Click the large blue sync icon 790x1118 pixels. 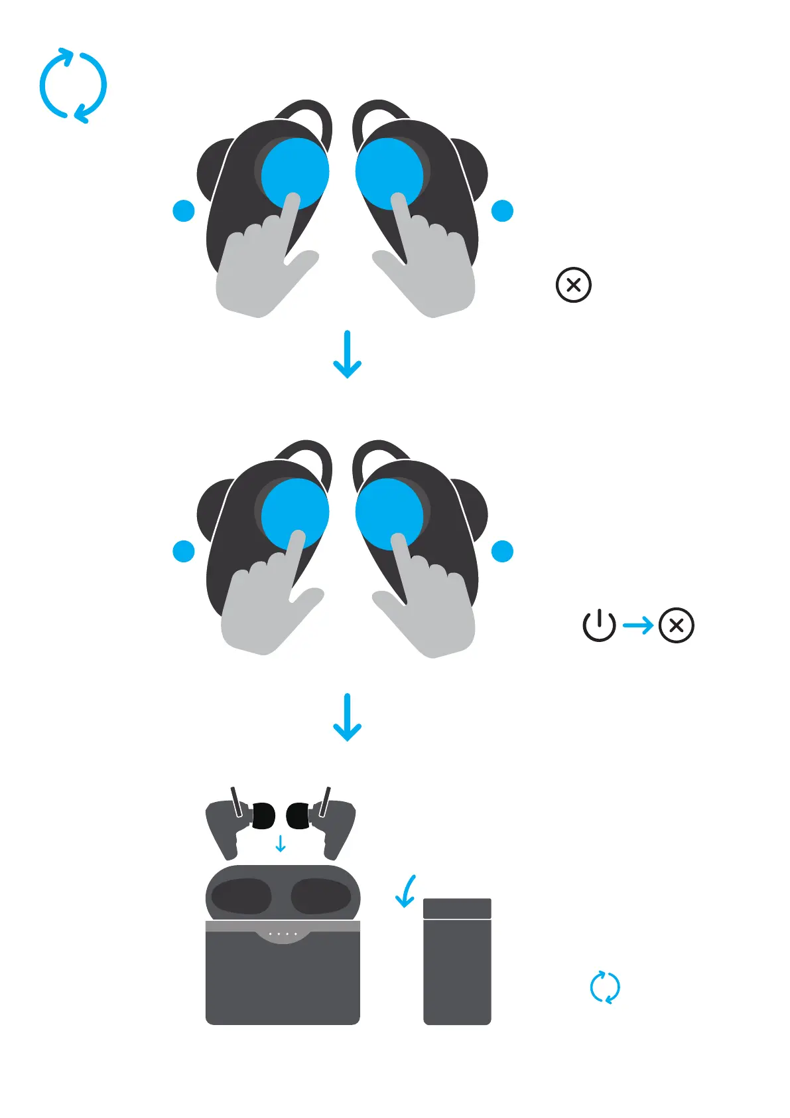tap(73, 86)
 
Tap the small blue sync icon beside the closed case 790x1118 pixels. tap(605, 987)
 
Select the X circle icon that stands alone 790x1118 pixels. tap(573, 285)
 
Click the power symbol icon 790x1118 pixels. tap(599, 625)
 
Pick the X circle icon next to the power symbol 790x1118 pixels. tap(677, 625)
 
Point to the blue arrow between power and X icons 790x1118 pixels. tap(638, 625)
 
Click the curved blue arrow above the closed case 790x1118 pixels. tap(406, 891)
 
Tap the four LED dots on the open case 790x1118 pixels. tap(283, 934)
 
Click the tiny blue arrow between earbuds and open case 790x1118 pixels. tap(281, 844)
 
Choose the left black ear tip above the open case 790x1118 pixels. tap(263, 815)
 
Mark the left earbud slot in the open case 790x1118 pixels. tap(241, 896)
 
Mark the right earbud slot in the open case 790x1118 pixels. tap(321, 896)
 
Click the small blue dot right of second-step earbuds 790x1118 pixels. tap(502, 551)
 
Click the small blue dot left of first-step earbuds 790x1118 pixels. tap(184, 210)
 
